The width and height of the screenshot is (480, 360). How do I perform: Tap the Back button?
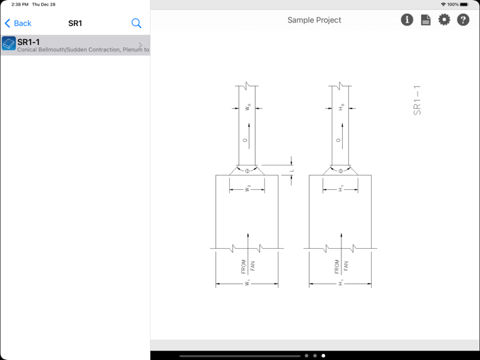[x=19, y=23]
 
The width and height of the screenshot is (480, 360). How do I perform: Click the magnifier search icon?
[x=136, y=23]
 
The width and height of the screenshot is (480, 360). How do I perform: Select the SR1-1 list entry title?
[x=29, y=42]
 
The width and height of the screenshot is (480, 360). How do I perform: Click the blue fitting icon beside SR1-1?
[x=9, y=45]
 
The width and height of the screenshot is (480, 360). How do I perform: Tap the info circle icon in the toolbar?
[x=407, y=20]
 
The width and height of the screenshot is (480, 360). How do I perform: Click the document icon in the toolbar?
[x=426, y=20]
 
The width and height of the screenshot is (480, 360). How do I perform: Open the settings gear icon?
[x=444, y=20]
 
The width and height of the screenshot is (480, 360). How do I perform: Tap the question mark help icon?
[x=464, y=20]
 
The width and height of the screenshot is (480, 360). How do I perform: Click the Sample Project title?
[x=314, y=20]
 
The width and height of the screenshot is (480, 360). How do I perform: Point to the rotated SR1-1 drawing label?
[x=417, y=100]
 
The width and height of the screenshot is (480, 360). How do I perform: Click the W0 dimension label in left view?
[x=248, y=108]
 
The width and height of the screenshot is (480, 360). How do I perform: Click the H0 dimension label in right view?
[x=341, y=108]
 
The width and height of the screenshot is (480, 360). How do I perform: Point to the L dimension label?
[x=291, y=171]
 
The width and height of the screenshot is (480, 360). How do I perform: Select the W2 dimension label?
[x=248, y=188]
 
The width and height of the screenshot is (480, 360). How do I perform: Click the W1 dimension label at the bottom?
[x=247, y=283]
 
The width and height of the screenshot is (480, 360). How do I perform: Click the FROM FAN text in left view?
[x=248, y=266]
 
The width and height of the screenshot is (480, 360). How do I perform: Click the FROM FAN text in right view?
[x=341, y=266]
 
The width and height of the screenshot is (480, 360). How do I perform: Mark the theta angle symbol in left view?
[x=248, y=170]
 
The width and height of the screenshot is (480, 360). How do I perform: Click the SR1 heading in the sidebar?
[x=75, y=23]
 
